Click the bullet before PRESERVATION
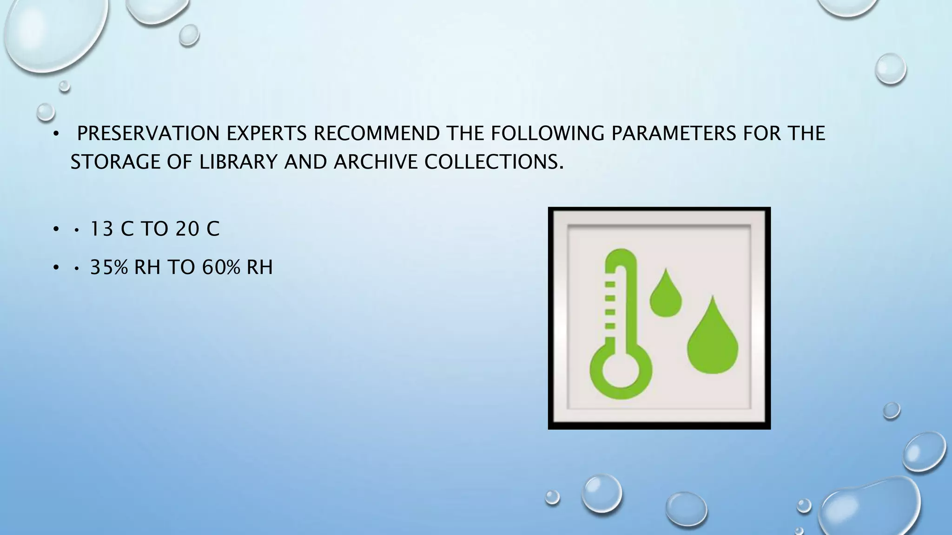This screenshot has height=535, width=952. (x=56, y=134)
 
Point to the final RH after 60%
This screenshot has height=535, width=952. (x=259, y=267)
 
